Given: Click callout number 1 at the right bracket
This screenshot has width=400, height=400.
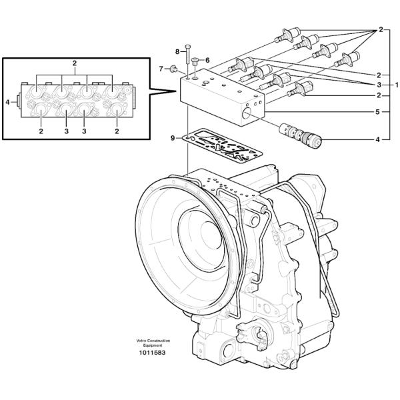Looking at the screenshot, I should pyautogui.click(x=397, y=85).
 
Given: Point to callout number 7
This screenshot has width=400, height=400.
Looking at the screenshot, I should pyautogui.click(x=161, y=68).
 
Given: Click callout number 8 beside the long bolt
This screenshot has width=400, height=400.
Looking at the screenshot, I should pyautogui.click(x=178, y=51).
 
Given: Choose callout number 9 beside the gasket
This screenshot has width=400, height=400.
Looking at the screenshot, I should pyautogui.click(x=173, y=138).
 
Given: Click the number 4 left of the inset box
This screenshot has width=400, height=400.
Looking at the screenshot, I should pyautogui.click(x=7, y=102).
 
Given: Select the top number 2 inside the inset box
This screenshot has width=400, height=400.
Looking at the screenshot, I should pyautogui.click(x=75, y=63).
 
